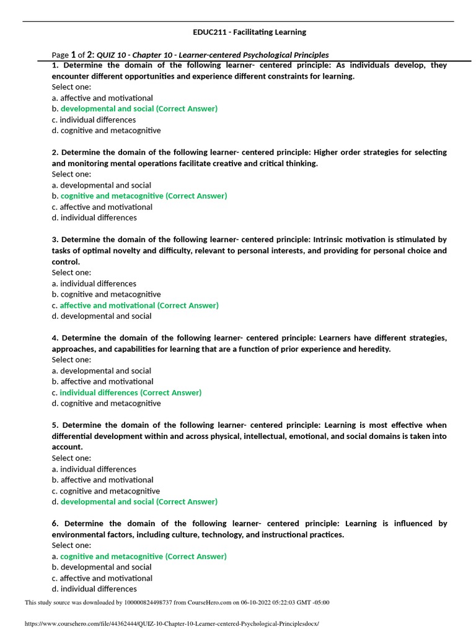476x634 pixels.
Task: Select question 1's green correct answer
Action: point(139,109)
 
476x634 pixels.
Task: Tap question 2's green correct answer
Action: point(144,196)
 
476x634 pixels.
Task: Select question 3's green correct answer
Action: point(139,305)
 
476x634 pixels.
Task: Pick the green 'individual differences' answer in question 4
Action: point(130,393)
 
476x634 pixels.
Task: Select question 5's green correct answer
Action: point(139,502)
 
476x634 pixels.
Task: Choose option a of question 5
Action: point(94,469)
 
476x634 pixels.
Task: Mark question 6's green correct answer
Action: point(143,557)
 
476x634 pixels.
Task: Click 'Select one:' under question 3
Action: point(71,272)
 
